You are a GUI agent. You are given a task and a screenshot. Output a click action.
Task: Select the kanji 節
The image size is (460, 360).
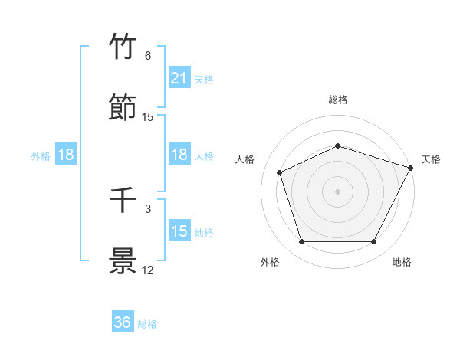click(x=123, y=108)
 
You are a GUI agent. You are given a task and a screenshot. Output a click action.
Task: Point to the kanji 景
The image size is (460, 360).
click(x=123, y=261)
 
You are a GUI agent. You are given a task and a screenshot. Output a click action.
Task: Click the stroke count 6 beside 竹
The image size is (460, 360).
click(x=147, y=56)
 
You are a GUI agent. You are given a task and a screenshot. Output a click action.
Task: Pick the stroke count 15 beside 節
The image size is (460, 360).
click(x=148, y=117)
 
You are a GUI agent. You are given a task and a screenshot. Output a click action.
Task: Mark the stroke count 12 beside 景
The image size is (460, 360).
click(x=148, y=270)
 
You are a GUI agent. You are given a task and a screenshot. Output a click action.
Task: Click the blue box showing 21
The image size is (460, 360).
click(x=179, y=77)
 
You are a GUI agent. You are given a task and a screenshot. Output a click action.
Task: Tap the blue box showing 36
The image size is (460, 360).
click(x=123, y=322)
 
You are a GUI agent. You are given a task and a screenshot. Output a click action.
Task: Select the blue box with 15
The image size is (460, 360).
click(x=179, y=231)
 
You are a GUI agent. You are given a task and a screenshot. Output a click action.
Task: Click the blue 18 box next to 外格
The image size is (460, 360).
click(x=66, y=155)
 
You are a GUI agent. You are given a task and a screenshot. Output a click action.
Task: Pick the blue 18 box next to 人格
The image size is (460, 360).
click(x=179, y=155)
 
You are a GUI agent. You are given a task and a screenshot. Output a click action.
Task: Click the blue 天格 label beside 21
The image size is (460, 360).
click(x=204, y=79)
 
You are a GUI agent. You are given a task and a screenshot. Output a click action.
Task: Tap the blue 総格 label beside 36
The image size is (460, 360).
click(x=147, y=324)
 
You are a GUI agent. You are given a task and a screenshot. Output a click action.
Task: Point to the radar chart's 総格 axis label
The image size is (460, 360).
click(x=337, y=100)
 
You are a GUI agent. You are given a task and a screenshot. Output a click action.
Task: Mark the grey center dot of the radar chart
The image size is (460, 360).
click(x=337, y=191)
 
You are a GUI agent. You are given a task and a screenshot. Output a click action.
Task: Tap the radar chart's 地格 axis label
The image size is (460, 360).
click(x=402, y=262)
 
